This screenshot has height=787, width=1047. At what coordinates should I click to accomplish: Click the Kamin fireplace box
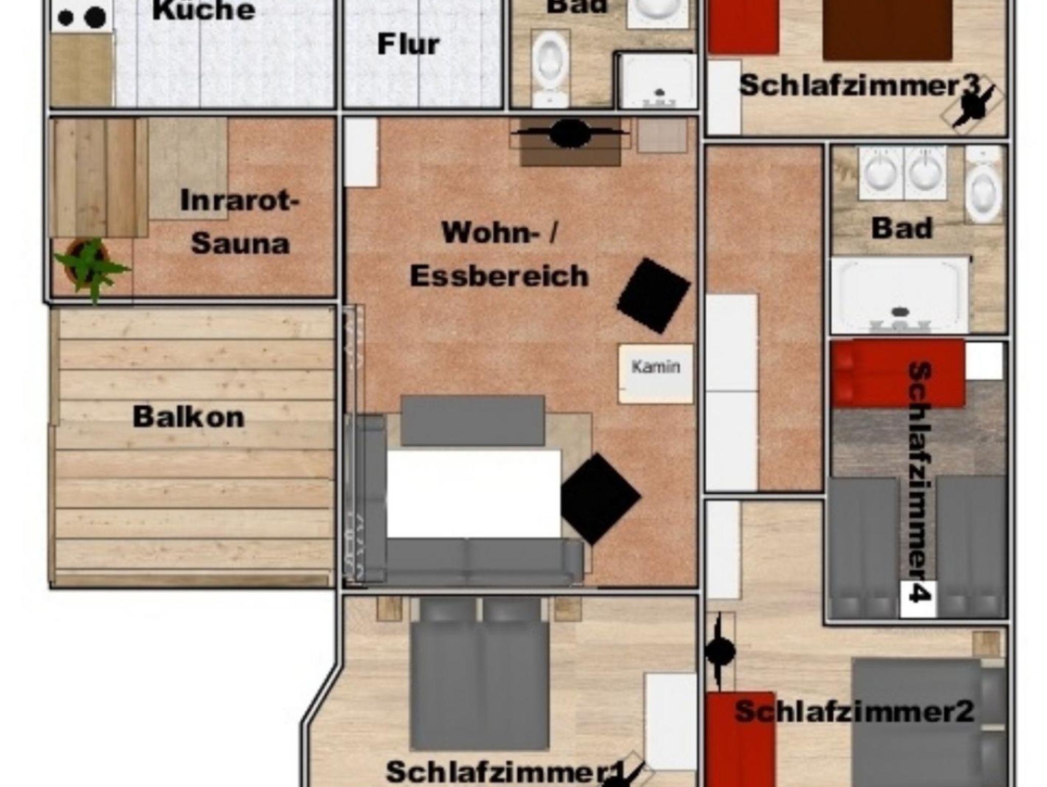(x=656, y=374)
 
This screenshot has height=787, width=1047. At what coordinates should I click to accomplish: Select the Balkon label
(x=189, y=417)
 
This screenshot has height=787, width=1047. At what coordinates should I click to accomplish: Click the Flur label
(x=408, y=44)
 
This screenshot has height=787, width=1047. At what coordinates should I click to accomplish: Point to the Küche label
(x=203, y=10)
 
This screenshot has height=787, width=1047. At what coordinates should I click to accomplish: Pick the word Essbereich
(x=499, y=276)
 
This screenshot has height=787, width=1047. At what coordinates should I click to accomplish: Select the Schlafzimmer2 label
(x=854, y=711)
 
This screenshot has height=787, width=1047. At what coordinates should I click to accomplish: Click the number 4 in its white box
(x=918, y=598)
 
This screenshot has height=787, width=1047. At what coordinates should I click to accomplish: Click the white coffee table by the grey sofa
(x=473, y=494)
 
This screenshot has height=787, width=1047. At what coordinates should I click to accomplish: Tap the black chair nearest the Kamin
(x=653, y=295)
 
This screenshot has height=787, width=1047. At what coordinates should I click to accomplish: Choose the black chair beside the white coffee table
(x=600, y=499)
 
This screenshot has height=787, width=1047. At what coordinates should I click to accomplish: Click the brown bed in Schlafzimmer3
(x=887, y=31)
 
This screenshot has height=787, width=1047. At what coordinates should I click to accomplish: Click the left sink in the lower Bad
(x=881, y=173)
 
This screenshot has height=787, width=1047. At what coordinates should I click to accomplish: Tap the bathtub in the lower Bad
(x=900, y=295)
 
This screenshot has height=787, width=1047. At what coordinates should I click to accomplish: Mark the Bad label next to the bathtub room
(x=902, y=228)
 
